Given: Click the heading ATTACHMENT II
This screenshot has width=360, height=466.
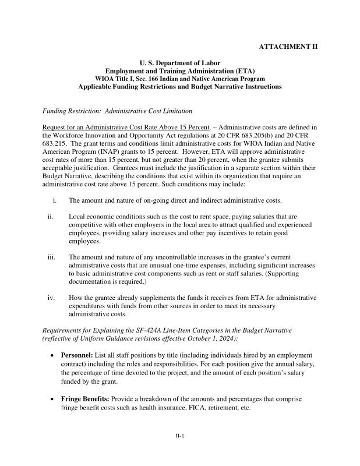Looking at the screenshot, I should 288,47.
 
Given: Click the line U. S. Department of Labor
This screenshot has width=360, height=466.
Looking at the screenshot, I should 179,63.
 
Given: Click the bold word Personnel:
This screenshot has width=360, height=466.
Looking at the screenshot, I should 77,355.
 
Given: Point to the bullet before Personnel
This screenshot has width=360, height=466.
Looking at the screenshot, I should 54,355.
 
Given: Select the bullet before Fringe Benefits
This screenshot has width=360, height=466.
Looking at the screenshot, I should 54,400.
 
